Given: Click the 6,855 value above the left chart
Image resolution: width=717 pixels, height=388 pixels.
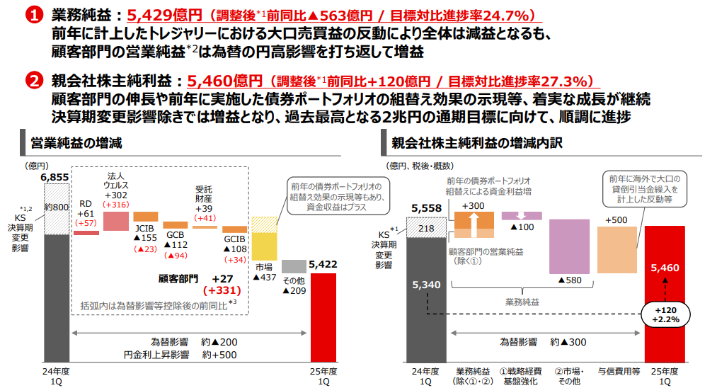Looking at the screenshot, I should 55,178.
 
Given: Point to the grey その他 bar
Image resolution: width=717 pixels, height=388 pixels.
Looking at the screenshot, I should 293,266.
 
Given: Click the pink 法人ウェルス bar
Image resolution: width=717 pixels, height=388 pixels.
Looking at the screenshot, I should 115,221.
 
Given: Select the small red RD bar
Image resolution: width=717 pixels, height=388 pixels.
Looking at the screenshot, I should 86,232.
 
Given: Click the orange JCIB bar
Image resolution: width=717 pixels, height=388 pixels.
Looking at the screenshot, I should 145,217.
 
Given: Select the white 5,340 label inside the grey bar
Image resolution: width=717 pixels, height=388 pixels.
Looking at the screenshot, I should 426,285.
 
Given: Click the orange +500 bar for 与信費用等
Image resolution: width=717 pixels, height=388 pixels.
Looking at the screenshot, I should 617,249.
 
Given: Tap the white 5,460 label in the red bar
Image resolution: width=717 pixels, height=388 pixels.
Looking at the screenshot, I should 665,268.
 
